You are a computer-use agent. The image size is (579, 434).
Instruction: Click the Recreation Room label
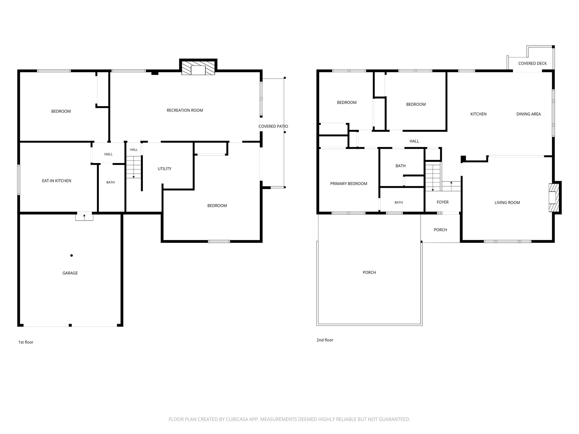point(185,110)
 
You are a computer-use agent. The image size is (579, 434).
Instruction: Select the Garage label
point(70,273)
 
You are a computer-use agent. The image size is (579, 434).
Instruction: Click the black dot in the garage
point(72,255)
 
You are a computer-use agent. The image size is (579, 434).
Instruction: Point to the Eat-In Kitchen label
point(57,181)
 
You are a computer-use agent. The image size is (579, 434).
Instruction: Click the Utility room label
point(165,169)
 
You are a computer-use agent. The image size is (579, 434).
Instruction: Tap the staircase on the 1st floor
point(134,167)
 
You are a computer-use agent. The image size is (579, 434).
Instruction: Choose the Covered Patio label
point(273,126)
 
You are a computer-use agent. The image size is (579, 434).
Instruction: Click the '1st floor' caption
point(26,342)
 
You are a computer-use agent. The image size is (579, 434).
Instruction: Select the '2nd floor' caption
point(325,340)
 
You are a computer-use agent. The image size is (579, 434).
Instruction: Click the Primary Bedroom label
point(349,184)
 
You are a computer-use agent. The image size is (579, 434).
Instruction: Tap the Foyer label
point(442,202)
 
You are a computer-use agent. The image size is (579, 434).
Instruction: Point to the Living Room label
point(507,203)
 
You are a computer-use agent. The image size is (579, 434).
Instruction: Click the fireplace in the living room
point(554,198)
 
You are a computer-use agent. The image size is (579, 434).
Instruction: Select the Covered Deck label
point(532,63)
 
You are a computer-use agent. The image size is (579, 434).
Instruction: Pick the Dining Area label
point(528,114)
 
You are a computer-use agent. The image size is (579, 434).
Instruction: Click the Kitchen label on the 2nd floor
point(478,114)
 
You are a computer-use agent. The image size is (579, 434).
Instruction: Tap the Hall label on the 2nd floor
point(414,141)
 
